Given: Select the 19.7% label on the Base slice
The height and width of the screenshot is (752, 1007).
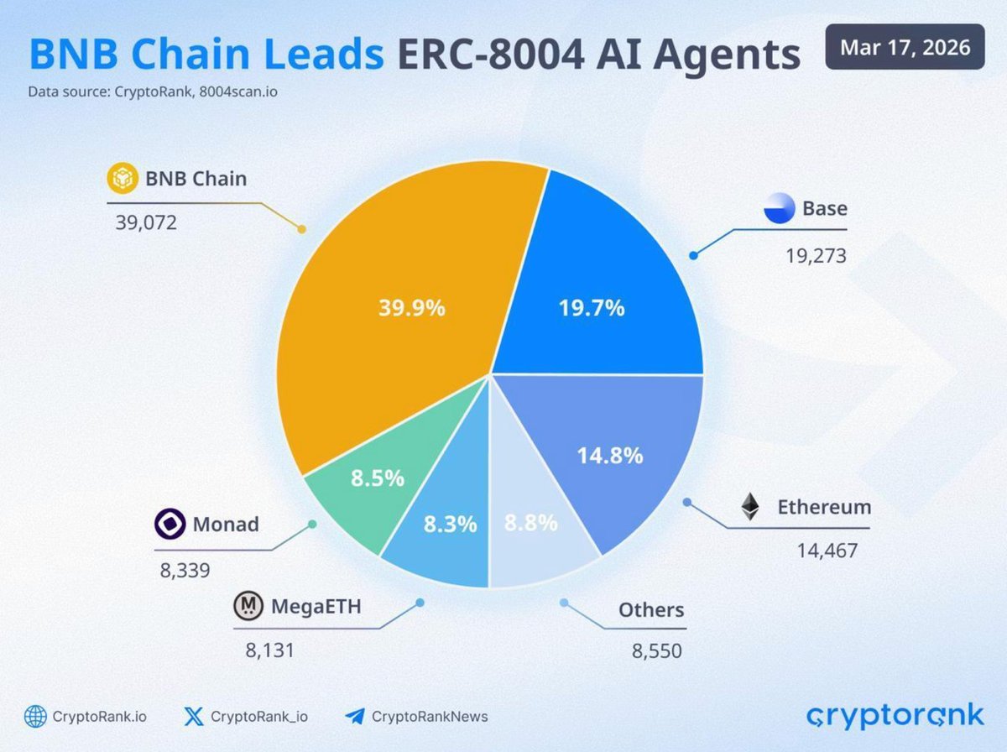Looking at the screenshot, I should coord(592,308).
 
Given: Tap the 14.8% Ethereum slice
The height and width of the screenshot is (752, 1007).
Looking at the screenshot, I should coord(610,456).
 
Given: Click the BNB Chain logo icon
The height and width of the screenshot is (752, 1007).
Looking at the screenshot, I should coord(123,179).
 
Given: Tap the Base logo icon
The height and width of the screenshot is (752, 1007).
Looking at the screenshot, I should coord(779,208).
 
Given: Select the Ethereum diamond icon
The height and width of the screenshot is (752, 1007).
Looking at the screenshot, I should coord(749,507).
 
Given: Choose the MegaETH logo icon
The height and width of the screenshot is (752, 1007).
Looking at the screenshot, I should coord(248,606).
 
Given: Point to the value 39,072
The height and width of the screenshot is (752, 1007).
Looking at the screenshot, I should coord(147,223).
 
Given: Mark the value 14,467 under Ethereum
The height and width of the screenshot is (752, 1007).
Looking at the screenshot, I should coord(827,551).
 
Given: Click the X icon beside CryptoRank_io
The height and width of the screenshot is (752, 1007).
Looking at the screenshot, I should coord(193,716).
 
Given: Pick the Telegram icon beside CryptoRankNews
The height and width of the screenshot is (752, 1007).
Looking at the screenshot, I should coord(354,716).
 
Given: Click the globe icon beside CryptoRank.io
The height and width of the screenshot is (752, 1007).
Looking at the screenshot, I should coord(35,716).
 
